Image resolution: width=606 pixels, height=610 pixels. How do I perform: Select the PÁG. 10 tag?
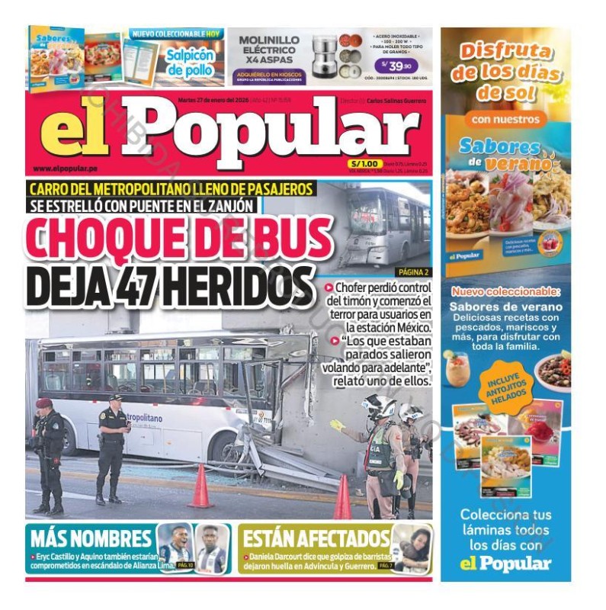186,565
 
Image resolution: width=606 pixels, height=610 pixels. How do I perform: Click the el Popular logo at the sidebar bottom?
506,563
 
